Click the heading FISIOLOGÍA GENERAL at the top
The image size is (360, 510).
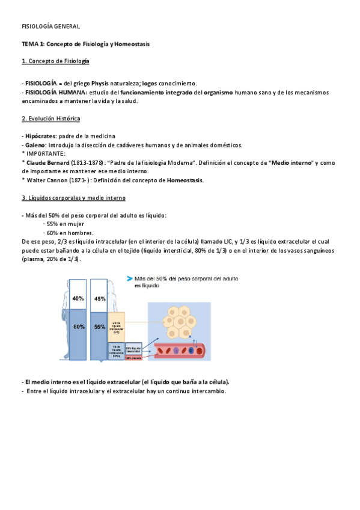[x=50, y=27]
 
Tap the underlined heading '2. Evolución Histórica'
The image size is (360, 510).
[x=50, y=119]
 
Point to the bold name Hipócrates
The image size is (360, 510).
[x=40, y=137]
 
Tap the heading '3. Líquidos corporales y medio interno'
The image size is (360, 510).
[x=73, y=198]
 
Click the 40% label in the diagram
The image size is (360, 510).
[x=78, y=298]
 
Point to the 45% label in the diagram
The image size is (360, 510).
[x=100, y=298]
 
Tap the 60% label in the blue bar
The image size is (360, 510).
[x=78, y=327]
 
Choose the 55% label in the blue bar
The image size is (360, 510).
[x=100, y=327]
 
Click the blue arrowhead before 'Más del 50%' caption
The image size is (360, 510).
[x=130, y=278]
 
